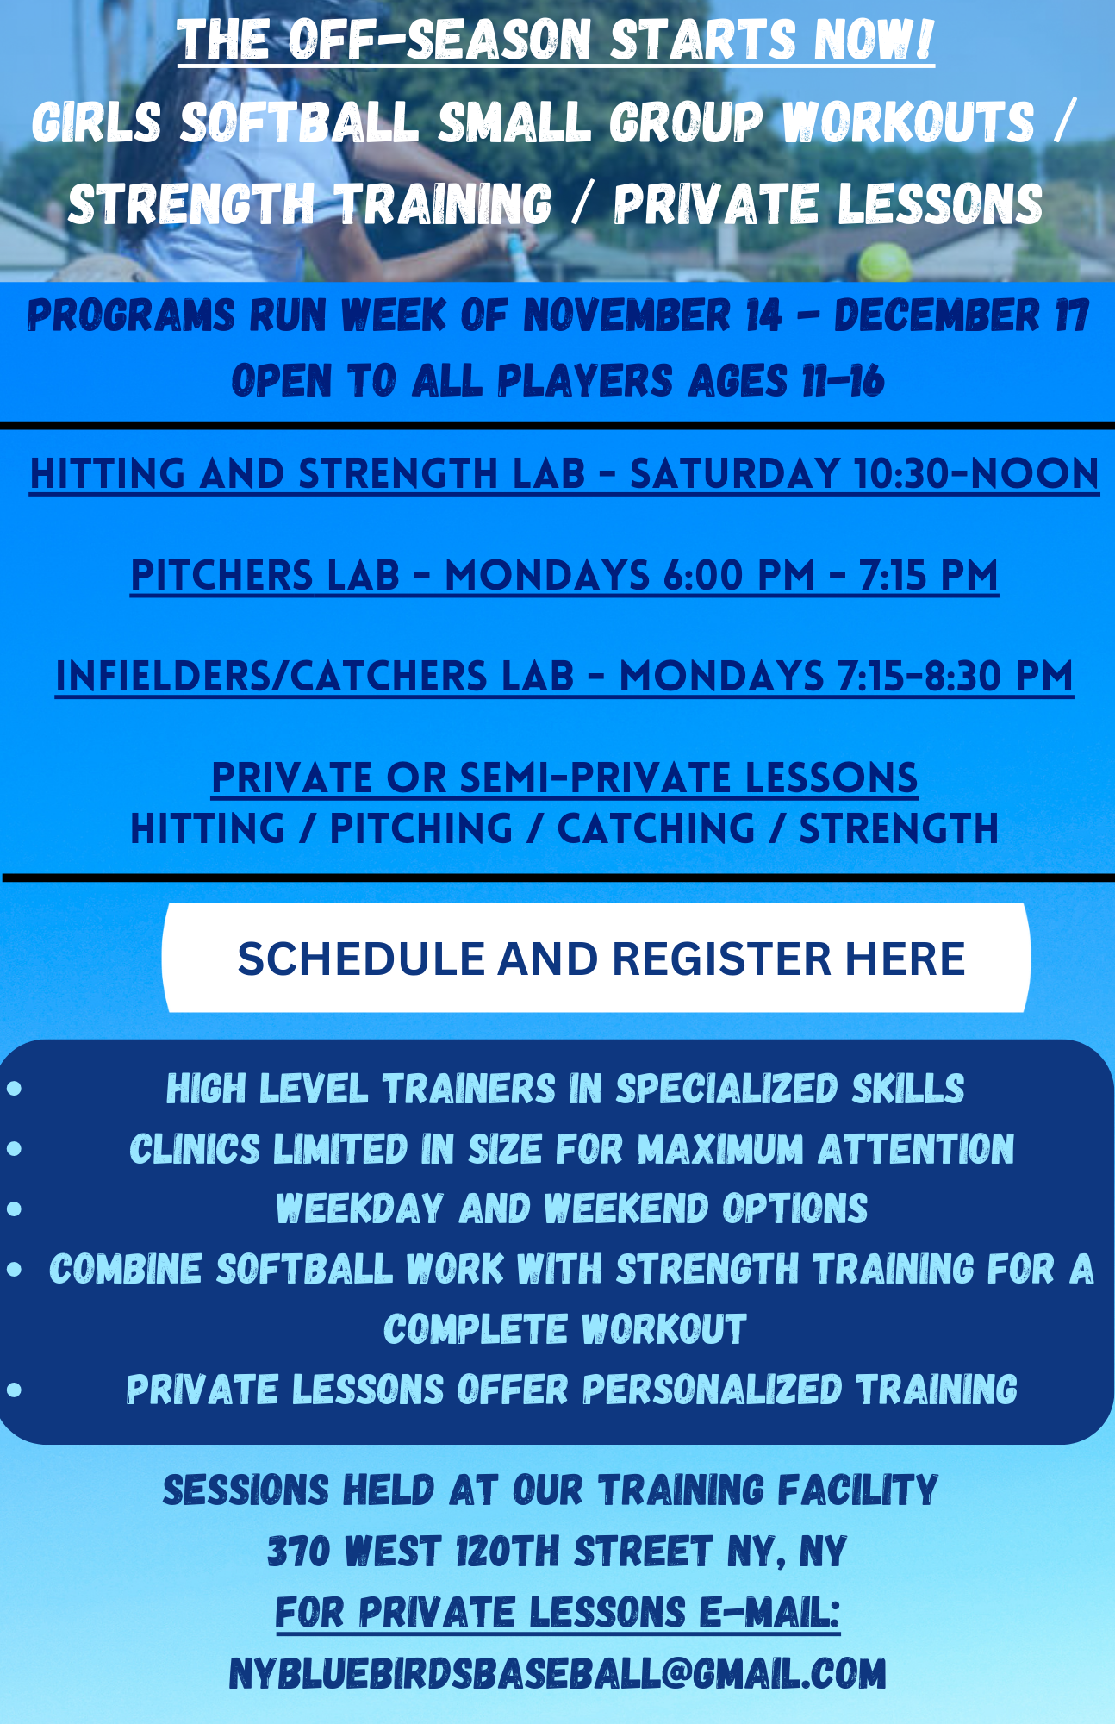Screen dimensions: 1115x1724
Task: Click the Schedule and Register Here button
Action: click(x=596, y=958)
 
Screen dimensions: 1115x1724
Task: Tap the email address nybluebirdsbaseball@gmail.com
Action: click(x=557, y=1673)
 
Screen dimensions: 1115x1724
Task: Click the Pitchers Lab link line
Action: click(x=564, y=576)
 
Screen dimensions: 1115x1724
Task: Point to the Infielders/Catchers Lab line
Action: click(x=564, y=677)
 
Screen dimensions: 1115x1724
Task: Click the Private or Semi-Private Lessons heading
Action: click(x=564, y=778)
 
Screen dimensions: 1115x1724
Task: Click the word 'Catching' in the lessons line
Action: click(x=656, y=828)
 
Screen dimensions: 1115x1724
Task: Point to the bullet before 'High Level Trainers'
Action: click(x=14, y=1089)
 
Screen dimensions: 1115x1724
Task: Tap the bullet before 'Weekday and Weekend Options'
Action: click(x=14, y=1209)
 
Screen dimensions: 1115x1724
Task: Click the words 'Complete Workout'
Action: click(x=564, y=1328)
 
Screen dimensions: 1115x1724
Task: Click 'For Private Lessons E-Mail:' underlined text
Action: click(x=557, y=1612)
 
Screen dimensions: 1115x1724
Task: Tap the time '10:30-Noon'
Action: click(x=976, y=474)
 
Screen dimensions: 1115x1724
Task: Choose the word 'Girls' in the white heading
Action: click(x=97, y=122)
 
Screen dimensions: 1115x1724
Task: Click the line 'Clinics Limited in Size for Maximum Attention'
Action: click(x=571, y=1149)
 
